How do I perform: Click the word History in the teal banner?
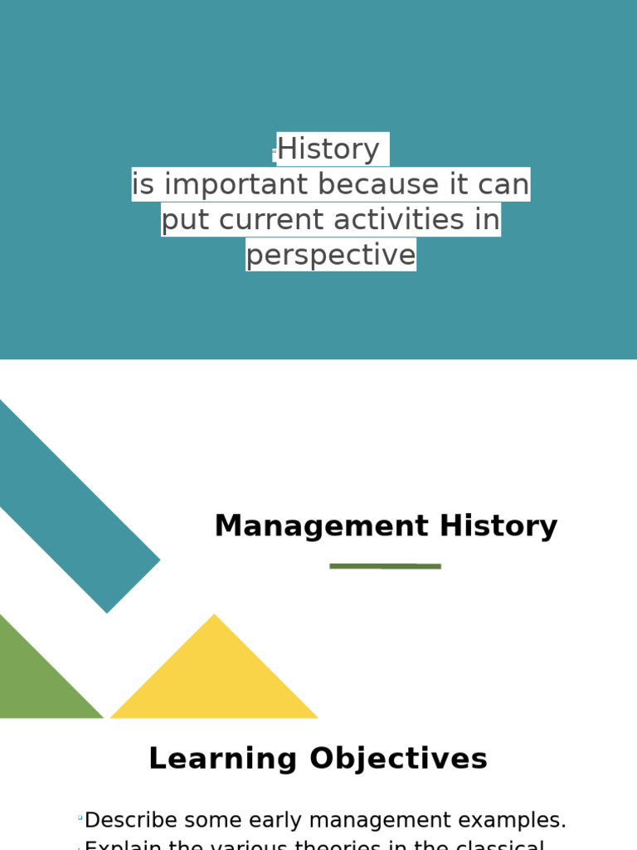328,149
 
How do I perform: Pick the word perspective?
330,255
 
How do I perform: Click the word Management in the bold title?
321,526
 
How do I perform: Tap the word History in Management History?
498,526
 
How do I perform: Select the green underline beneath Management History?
385,566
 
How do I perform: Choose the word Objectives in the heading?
398,759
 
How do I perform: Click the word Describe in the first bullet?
131,820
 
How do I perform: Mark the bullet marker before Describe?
80,818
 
